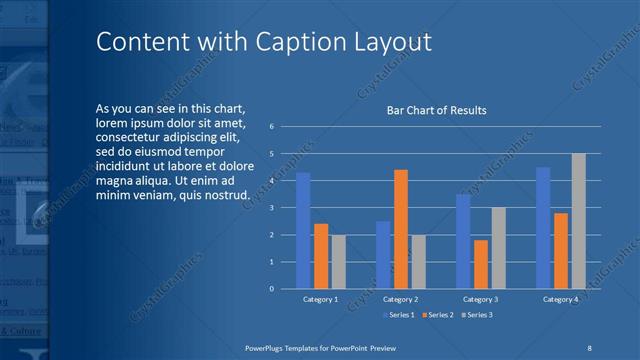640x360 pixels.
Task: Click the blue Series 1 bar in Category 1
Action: [x=302, y=230]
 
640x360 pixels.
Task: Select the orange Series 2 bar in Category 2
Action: [x=400, y=229]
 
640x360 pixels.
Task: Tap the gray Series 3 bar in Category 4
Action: [x=578, y=221]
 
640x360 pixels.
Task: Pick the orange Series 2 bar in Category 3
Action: [x=481, y=264]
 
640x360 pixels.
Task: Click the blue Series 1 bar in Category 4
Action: [x=543, y=227]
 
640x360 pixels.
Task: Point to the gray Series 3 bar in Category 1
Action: [x=339, y=261]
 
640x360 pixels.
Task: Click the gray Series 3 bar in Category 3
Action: [x=498, y=247]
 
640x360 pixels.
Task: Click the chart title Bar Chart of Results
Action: [x=436, y=111]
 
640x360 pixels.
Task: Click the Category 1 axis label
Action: [x=320, y=299]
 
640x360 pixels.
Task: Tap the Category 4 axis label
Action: [x=560, y=299]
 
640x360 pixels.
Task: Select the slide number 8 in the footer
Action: [x=589, y=347]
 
